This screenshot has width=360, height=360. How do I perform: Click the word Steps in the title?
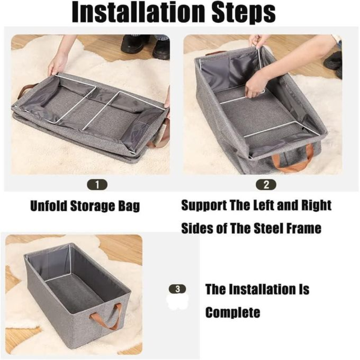[x=243, y=13]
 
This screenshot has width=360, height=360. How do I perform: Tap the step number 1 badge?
[x=97, y=185]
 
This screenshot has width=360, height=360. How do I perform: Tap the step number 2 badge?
[x=266, y=185]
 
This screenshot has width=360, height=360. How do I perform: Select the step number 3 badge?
[x=177, y=289]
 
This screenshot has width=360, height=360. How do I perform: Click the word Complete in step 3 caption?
[x=233, y=312]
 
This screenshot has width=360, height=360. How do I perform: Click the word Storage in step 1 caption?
[x=92, y=206]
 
